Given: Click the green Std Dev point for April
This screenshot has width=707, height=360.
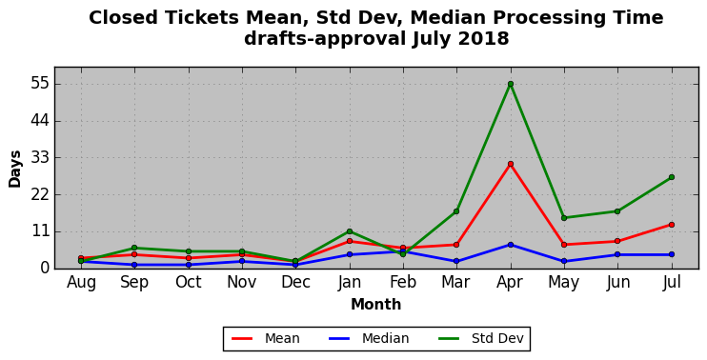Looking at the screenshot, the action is click(511, 84).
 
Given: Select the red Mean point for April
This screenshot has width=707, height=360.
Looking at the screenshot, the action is click(511, 164).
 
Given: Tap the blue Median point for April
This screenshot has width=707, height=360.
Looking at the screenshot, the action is click(511, 245).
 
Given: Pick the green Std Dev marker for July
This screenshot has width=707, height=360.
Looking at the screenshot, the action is click(672, 177).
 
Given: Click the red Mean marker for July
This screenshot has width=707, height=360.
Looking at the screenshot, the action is click(672, 225).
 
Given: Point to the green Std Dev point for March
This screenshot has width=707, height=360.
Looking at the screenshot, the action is click(456, 210).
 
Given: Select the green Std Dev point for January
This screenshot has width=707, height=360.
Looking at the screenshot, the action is click(350, 231).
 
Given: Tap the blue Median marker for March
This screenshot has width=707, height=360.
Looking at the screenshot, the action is click(456, 261).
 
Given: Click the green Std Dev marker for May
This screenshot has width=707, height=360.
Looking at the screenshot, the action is click(564, 218).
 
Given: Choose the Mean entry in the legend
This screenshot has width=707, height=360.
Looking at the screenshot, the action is click(266, 338).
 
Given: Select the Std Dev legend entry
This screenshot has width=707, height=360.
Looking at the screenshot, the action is click(480, 338).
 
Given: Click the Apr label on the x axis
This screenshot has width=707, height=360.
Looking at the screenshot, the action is click(510, 282).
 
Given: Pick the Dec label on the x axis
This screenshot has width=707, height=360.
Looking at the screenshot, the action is click(295, 282).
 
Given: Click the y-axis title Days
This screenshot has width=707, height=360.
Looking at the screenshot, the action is click(15, 169).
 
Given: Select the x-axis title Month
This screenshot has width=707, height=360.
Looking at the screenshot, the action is click(376, 304).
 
